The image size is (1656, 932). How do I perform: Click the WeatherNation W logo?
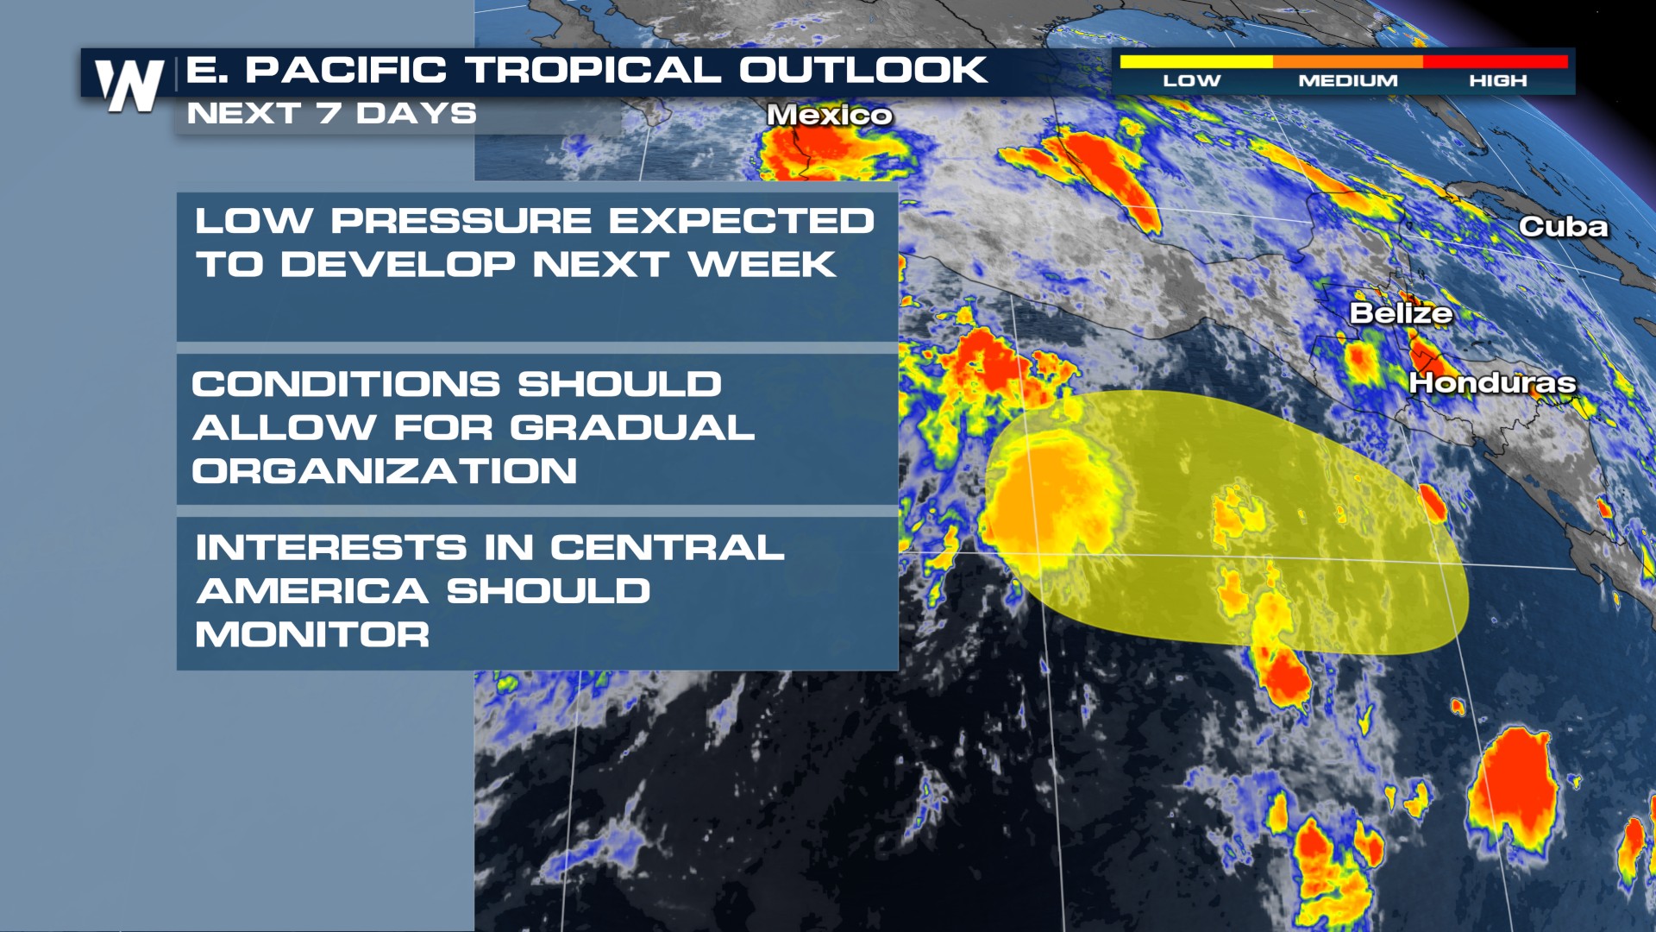(129, 85)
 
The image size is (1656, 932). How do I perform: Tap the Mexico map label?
(830, 115)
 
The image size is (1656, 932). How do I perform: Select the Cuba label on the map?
(1564, 227)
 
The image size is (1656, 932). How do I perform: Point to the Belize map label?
(1401, 312)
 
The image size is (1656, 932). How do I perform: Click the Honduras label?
(1492, 382)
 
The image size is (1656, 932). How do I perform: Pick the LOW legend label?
(1192, 80)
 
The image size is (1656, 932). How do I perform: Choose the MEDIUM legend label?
(1348, 80)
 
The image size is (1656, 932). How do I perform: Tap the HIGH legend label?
(1498, 80)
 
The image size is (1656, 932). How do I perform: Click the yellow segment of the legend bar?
(1196, 61)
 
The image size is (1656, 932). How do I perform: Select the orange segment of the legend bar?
(1348, 61)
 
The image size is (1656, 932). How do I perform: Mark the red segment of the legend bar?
(1496, 61)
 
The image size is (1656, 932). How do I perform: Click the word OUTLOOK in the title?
(862, 70)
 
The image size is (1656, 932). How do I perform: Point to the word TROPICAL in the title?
(593, 70)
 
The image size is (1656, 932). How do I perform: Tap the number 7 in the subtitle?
(329, 113)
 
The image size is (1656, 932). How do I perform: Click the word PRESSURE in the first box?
(461, 221)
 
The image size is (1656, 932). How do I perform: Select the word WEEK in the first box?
(762, 264)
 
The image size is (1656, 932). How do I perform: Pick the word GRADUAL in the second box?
(632, 428)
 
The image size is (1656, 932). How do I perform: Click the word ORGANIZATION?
(385, 471)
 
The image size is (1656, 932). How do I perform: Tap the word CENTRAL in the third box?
(668, 548)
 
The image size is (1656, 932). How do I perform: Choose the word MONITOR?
(312, 635)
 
